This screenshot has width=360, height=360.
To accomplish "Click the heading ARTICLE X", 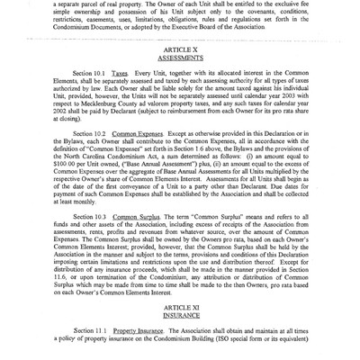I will (x=180, y=67).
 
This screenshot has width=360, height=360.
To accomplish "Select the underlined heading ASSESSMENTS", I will (x=180, y=76).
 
